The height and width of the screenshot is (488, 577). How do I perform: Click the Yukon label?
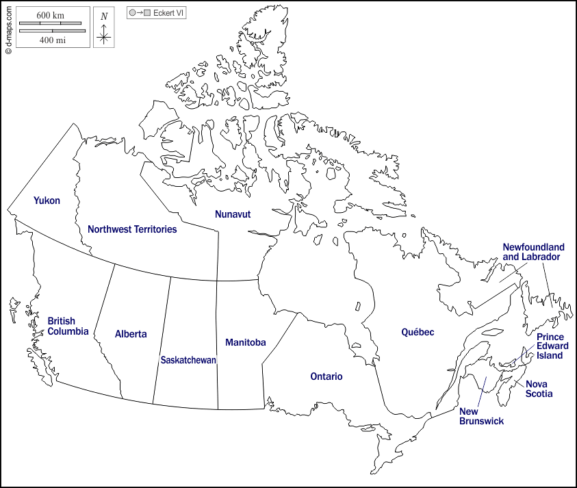pos(47,201)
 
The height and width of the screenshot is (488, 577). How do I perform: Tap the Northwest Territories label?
pos(132,229)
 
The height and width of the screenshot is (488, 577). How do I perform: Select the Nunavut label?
pos(233,214)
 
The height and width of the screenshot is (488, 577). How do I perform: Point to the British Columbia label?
pos(68,326)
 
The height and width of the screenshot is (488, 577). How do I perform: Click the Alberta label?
pos(131,334)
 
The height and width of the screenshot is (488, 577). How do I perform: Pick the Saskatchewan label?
pos(188,359)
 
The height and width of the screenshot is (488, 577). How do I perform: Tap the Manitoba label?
pos(245,342)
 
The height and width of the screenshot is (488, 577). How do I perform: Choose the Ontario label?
pos(326,376)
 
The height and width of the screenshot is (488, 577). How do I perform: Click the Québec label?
pos(418,332)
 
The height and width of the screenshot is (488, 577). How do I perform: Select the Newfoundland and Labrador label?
pos(533,252)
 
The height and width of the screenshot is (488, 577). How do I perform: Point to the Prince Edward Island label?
pos(552,346)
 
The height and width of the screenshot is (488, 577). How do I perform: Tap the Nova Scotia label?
pos(539,389)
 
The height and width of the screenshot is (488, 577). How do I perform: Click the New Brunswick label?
pos(481,416)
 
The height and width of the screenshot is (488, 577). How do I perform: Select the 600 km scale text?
pos(50,16)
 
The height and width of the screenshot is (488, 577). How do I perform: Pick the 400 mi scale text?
pos(52,40)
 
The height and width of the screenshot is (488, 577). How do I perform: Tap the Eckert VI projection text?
pos(168,13)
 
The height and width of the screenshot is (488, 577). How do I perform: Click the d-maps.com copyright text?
pos(8,28)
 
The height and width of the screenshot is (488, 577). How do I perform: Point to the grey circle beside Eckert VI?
pos(132,13)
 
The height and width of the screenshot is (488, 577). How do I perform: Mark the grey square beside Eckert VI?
pos(147,13)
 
